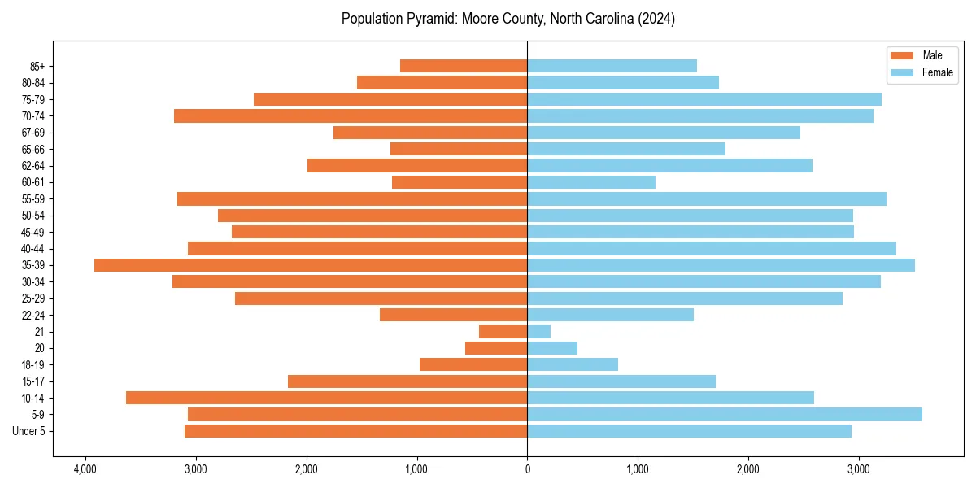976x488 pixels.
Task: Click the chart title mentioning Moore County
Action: (x=508, y=19)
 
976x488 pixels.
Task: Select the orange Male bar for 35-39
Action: (x=311, y=265)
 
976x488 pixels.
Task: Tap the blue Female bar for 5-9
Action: (x=725, y=415)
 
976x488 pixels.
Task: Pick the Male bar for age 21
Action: (x=503, y=332)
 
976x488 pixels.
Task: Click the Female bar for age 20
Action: (x=552, y=348)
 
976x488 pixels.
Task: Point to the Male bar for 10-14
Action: (x=326, y=398)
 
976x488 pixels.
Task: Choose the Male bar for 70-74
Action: (x=351, y=115)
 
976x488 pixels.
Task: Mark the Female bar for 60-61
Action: (x=591, y=182)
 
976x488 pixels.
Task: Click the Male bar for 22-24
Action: (x=453, y=315)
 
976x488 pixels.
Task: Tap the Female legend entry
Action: (x=937, y=72)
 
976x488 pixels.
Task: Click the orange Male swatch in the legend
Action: (x=903, y=55)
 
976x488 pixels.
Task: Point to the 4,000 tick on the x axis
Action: (x=85, y=469)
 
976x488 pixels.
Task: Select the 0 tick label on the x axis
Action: (x=527, y=469)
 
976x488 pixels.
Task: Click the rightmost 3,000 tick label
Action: (x=858, y=469)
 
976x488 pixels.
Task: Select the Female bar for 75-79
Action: (x=704, y=99)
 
